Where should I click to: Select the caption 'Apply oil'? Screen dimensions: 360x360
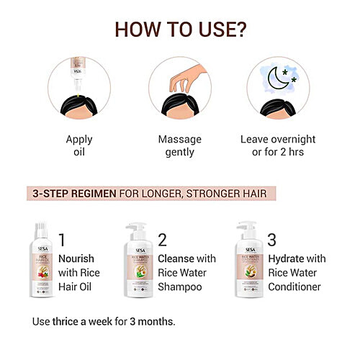coord(79,145)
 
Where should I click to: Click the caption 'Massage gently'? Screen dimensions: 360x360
coord(179,145)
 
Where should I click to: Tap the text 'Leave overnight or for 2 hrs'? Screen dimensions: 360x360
coord(281,145)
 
